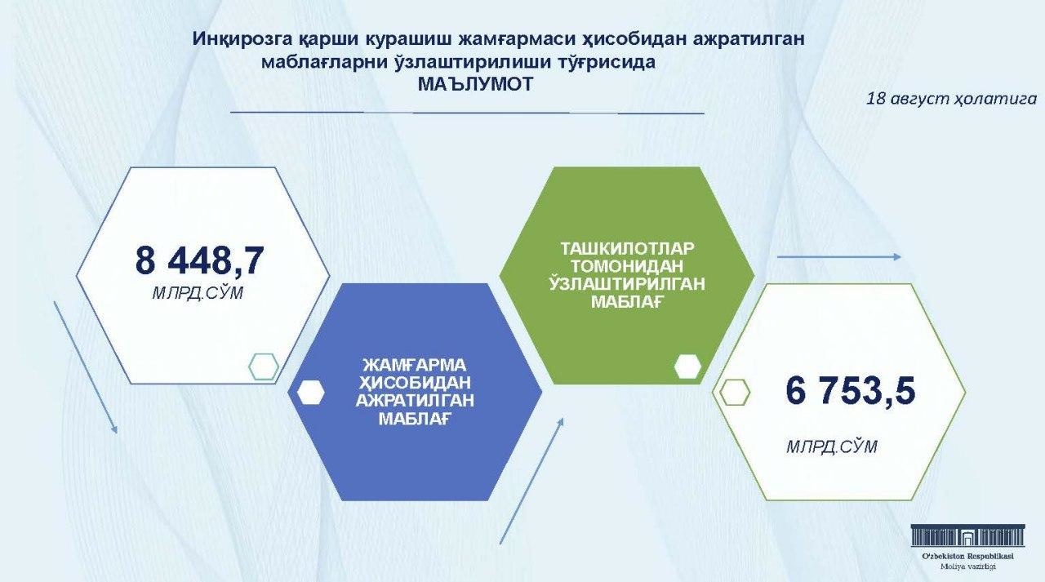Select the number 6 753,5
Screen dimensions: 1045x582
pos(850,390)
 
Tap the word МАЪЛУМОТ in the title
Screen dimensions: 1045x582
pos(475,84)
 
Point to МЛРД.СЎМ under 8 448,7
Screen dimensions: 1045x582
pos(198,293)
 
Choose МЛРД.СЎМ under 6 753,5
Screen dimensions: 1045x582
pos(832,446)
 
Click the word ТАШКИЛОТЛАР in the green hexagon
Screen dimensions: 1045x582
pos(627,248)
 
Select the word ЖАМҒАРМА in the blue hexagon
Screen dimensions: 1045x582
pos(415,365)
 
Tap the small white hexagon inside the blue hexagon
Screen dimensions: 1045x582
pos(311,392)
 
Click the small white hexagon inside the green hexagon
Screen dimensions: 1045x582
pos(687,367)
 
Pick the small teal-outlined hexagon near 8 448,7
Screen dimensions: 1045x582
pos(264,366)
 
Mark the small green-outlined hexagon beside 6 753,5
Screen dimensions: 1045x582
pos(735,392)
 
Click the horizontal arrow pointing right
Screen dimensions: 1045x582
pos(838,257)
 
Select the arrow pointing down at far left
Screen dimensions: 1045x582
pos(86,367)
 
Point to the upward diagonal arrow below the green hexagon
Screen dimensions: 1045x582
pos(531,480)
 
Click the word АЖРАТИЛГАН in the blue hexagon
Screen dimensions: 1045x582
pos(415,401)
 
